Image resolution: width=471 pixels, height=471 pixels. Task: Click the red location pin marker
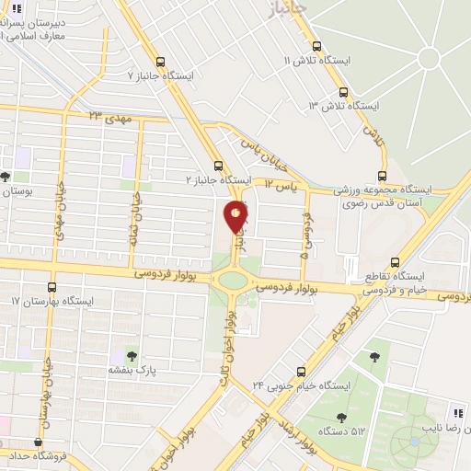pos(235,216)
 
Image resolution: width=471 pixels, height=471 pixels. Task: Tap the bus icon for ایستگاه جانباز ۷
pos(161,63)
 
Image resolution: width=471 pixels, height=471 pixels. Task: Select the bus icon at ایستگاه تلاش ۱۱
pos(316,45)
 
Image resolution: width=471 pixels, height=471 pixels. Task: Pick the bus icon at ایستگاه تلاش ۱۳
pos(343,92)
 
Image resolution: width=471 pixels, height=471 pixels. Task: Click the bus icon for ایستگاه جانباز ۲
pos(218,166)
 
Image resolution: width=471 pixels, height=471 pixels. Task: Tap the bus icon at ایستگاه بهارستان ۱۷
pos(52,287)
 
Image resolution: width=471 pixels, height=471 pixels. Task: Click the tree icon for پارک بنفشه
pos(129,355)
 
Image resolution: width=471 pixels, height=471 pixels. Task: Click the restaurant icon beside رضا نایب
pos(457,412)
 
